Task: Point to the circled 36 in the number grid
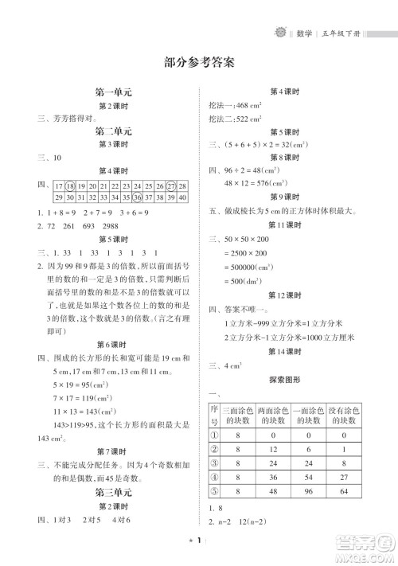[x=138, y=197]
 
